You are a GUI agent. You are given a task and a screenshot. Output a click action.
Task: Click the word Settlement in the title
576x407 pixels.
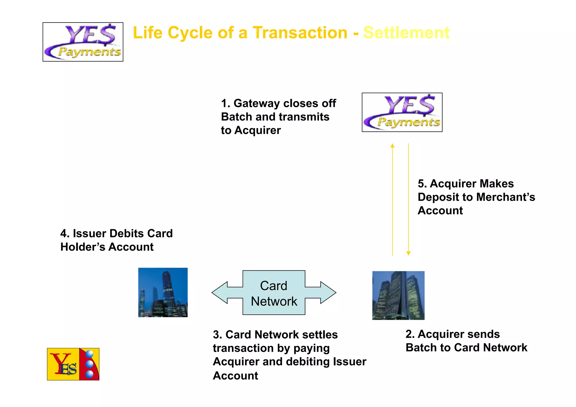tap(406, 33)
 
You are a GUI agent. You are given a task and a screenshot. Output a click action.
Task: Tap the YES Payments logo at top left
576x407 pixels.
tap(83, 42)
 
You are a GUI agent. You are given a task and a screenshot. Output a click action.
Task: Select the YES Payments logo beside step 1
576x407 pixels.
tap(402, 112)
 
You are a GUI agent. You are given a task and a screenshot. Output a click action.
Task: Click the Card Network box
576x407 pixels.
tap(274, 293)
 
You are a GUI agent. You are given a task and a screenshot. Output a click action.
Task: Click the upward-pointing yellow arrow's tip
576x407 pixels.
tap(392, 145)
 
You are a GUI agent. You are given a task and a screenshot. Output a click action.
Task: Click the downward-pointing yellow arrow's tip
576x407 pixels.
tap(408, 253)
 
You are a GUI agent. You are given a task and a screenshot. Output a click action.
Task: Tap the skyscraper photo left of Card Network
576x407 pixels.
tap(163, 292)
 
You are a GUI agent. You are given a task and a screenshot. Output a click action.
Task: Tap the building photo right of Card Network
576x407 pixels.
tap(398, 295)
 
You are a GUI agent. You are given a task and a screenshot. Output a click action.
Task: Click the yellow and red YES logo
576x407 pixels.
tap(73, 364)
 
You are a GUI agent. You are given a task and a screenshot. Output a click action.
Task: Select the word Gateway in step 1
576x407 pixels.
tap(256, 104)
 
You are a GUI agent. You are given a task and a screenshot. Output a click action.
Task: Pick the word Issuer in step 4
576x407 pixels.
tap(89, 233)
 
